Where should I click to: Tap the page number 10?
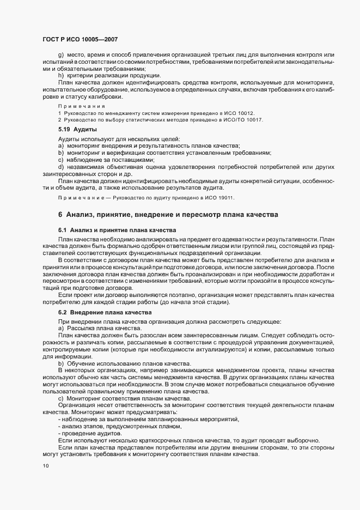click(45, 466)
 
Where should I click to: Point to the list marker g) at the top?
click(61, 55)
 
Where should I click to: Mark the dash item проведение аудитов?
click(93, 433)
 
